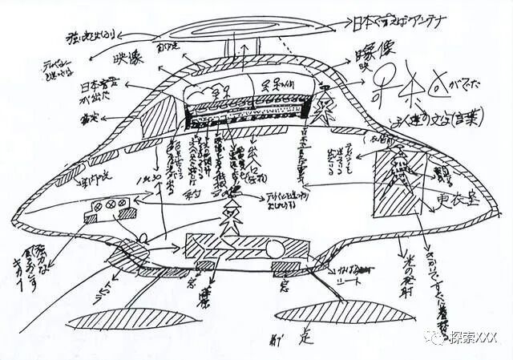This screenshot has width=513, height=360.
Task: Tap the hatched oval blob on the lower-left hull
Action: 119,257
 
